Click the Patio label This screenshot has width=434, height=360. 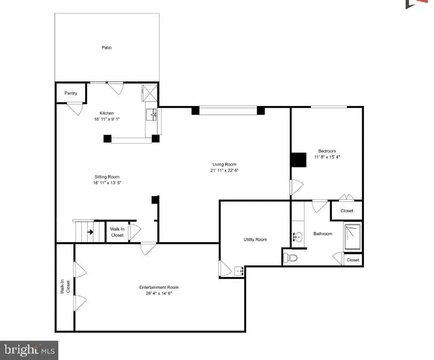coord(107,48)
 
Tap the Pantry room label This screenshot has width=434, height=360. coord(71,93)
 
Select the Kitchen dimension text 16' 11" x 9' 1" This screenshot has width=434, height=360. coord(107,119)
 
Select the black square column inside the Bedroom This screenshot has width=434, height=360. coord(298,160)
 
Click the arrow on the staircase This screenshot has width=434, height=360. coord(90,232)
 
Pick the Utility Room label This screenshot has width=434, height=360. coord(254,239)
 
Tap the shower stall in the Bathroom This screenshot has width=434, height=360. coord(353,237)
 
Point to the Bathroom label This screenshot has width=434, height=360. coord(323,234)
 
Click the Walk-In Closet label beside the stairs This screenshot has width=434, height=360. coord(117,232)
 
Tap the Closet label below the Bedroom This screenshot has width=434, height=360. coord(347,211)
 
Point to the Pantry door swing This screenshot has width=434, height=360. coord(74,109)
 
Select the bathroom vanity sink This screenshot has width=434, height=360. coord(299,236)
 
